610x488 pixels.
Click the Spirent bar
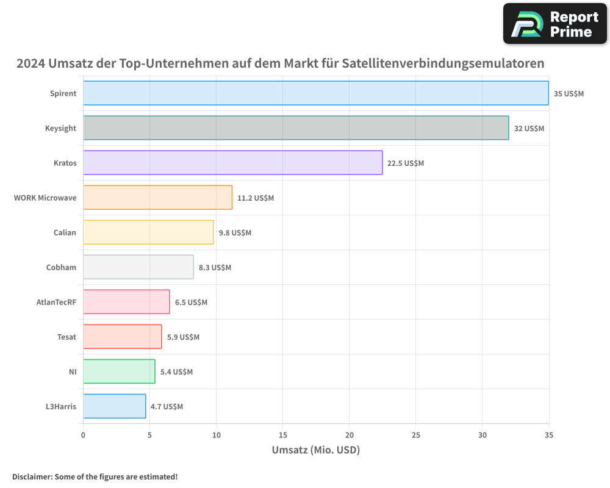[x=315, y=93]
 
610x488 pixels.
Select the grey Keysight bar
[x=296, y=128]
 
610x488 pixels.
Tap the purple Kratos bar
[x=232, y=163]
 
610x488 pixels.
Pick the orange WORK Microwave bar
[x=157, y=198]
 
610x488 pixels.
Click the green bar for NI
[x=119, y=371]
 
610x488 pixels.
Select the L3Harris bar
[x=114, y=406]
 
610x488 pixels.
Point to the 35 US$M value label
[x=569, y=94]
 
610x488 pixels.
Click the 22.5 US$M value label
[x=406, y=163]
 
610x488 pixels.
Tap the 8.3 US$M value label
[x=215, y=268]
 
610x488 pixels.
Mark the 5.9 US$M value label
[x=183, y=337]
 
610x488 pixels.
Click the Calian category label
[x=65, y=232]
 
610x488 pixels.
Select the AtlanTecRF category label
[x=56, y=302]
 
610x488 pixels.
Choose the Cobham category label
[x=61, y=267]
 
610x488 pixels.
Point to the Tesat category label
[x=66, y=337]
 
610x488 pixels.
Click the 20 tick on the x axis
[x=349, y=435]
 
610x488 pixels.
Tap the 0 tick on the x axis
[x=83, y=435]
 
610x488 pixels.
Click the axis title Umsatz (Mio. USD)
[x=315, y=450]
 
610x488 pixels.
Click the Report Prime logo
[x=555, y=24]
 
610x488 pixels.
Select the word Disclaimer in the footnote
[x=32, y=476]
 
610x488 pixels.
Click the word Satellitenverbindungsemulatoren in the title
[x=443, y=63]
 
